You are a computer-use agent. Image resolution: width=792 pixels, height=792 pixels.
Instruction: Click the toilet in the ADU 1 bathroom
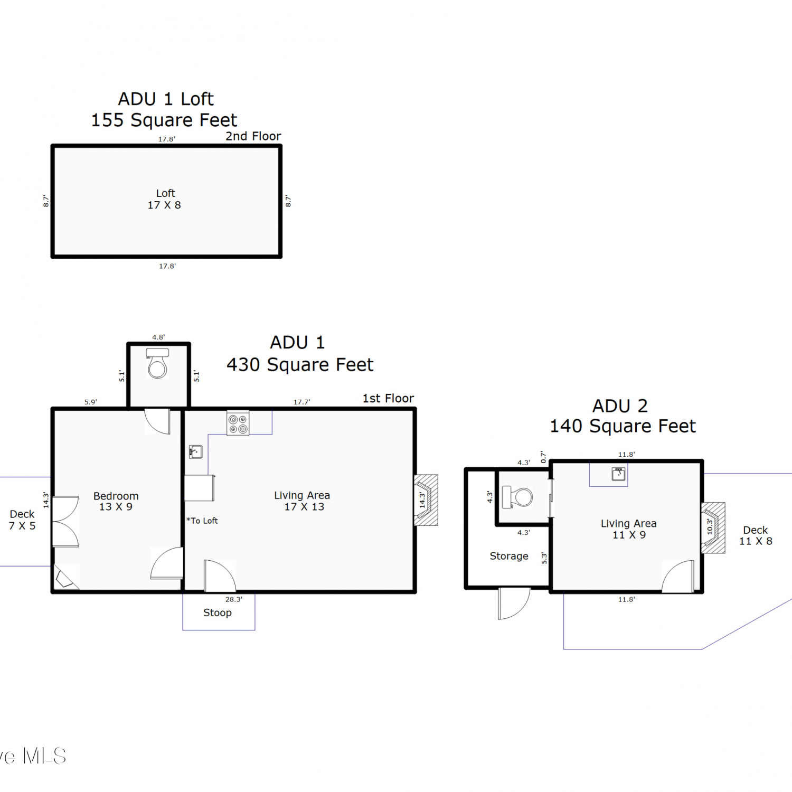(157, 363)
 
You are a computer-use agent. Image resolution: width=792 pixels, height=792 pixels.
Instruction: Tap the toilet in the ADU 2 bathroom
(517, 497)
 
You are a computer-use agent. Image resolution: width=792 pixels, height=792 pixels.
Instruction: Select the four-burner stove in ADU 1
(238, 423)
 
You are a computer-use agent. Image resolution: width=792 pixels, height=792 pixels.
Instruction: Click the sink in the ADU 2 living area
(618, 474)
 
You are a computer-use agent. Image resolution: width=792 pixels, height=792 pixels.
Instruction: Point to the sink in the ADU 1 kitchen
(196, 451)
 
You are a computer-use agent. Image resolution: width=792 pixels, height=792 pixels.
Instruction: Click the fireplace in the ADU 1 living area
(426, 500)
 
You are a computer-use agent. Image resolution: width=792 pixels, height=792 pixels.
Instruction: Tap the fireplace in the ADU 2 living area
(713, 527)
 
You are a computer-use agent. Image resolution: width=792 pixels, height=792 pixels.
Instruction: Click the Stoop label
(218, 612)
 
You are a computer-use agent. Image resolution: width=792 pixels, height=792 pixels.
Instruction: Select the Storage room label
(509, 556)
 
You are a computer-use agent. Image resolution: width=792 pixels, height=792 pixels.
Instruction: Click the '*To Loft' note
(202, 521)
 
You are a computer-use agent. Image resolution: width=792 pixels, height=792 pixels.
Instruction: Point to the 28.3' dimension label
(234, 599)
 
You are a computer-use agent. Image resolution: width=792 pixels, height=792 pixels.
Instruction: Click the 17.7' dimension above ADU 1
(302, 402)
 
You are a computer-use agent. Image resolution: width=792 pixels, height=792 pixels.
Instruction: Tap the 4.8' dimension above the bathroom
(158, 337)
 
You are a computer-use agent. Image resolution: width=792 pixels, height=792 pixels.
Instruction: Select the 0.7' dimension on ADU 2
(543, 457)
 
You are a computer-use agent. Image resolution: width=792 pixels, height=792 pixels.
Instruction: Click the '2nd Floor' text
(253, 136)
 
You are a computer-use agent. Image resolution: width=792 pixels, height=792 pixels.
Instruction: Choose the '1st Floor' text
(388, 398)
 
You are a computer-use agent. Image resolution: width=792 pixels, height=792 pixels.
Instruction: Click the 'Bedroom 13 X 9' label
(116, 501)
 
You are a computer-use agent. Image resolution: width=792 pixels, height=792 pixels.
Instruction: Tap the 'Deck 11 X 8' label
(756, 535)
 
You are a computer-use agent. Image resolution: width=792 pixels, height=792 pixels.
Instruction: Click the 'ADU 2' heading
(620, 406)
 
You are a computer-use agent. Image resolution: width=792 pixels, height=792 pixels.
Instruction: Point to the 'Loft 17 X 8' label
(165, 199)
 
